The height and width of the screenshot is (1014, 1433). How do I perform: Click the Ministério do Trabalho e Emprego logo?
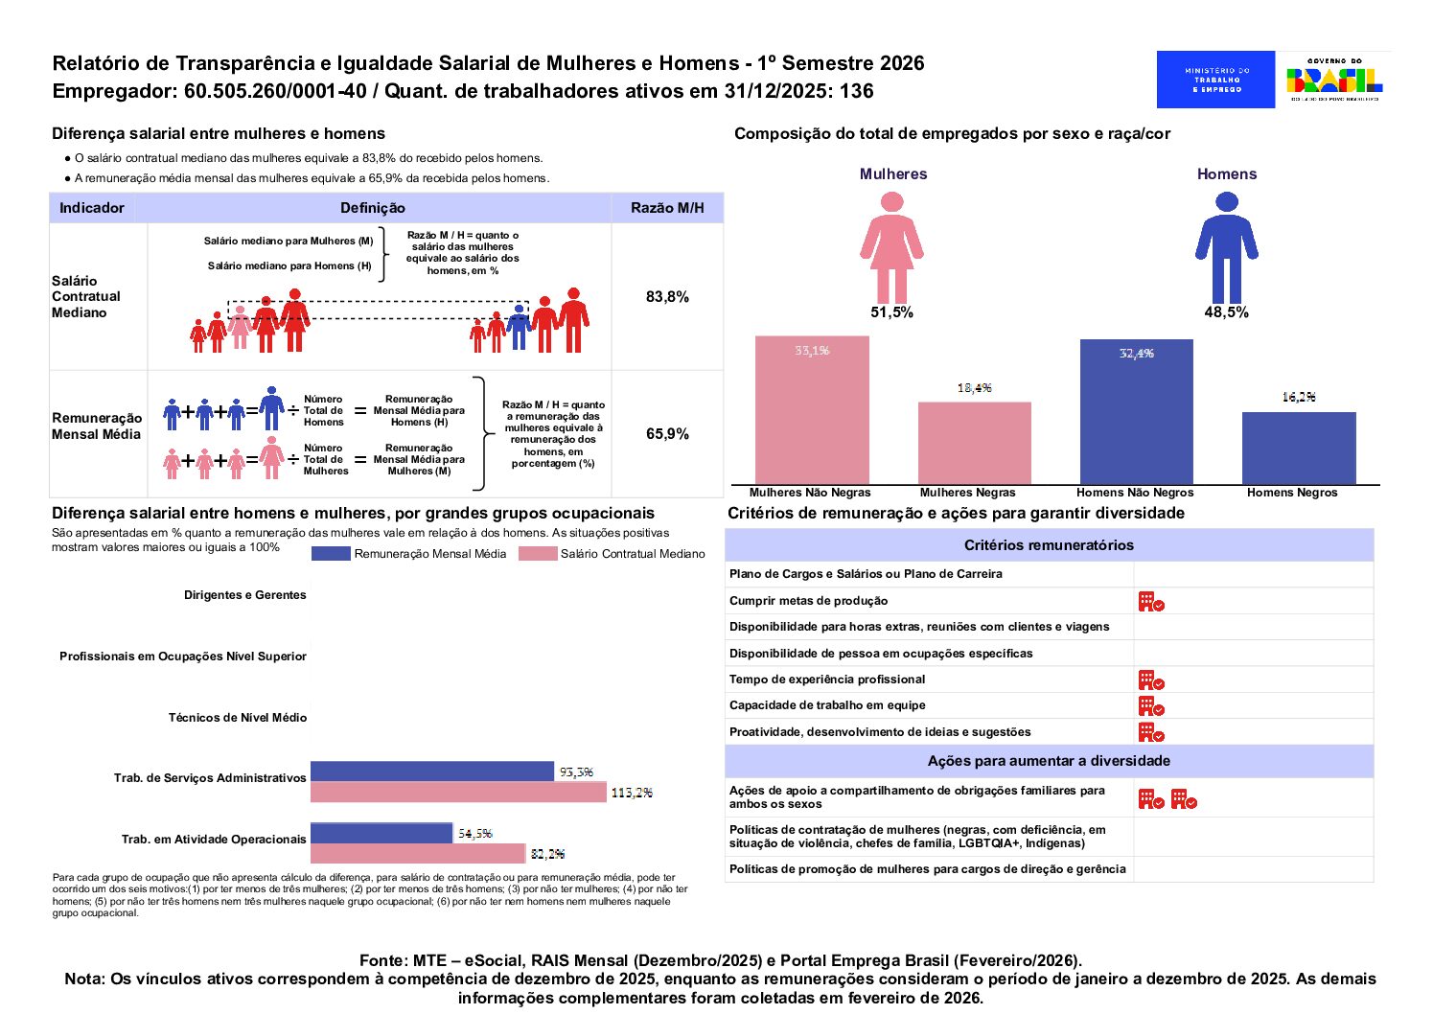click(1215, 80)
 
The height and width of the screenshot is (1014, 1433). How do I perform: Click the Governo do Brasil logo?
click(1333, 80)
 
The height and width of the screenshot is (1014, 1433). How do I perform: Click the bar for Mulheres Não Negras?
click(812, 410)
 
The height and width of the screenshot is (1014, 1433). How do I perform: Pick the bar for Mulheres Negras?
click(974, 443)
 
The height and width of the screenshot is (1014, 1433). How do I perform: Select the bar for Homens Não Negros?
click(1136, 412)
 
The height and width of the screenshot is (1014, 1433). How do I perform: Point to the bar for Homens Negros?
click(1299, 448)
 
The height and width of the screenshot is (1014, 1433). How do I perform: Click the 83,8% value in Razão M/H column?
click(667, 297)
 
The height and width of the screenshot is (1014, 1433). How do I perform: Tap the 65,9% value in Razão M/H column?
click(667, 434)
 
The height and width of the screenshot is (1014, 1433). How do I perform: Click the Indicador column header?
click(92, 208)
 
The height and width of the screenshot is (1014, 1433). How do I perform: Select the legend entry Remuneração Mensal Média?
click(409, 554)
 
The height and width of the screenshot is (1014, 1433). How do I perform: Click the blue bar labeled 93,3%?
click(431, 772)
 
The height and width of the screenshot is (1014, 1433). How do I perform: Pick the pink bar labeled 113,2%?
click(458, 793)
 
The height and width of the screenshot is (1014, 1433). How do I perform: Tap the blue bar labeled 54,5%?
click(381, 833)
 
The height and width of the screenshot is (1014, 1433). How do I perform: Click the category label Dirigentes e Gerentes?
click(244, 595)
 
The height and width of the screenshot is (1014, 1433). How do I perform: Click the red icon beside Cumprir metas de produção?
click(1151, 601)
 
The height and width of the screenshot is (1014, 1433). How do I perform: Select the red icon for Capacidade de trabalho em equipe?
click(1151, 705)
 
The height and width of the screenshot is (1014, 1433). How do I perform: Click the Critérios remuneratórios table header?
click(1049, 545)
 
